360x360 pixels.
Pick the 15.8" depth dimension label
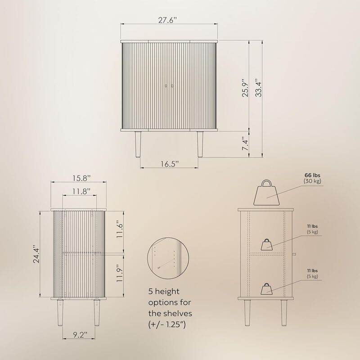click(78, 178)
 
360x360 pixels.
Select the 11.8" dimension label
click(78, 192)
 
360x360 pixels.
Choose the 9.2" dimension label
click(78, 334)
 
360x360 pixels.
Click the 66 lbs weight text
click(314, 175)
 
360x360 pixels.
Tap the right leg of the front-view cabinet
click(199, 144)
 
